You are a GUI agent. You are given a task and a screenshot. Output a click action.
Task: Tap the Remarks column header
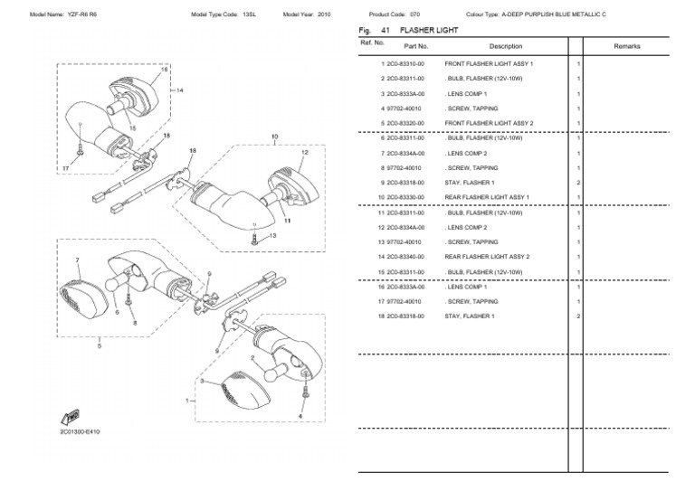(x=626, y=45)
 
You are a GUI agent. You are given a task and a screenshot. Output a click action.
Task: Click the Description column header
(x=505, y=45)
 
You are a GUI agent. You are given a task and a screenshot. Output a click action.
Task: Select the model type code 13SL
(x=249, y=15)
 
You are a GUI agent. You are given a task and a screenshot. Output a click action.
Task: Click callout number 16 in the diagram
(x=164, y=70)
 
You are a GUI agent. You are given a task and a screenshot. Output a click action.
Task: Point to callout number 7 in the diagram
(x=79, y=260)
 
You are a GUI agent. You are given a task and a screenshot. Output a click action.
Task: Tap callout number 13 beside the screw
(x=273, y=234)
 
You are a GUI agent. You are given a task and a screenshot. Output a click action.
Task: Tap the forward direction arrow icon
(x=68, y=416)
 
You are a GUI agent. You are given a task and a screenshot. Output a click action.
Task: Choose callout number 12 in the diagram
(x=305, y=154)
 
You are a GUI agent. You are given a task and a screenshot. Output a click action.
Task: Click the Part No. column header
(x=415, y=45)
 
